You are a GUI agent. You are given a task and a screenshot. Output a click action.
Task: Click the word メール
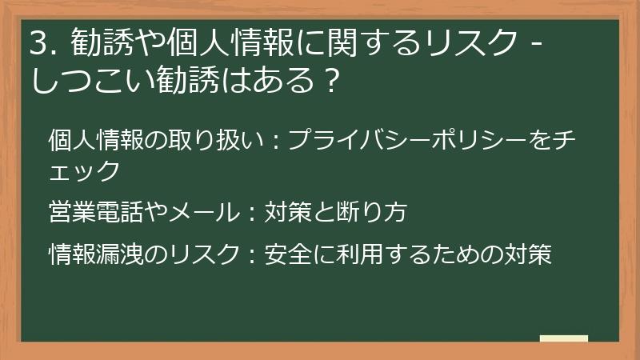(x=205, y=213)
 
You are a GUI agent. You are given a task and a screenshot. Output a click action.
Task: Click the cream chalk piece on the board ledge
(x=563, y=339)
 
